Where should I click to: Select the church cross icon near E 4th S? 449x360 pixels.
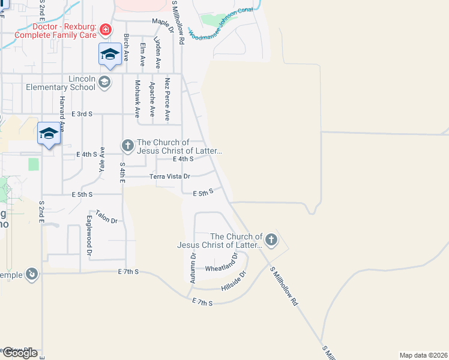click(127, 145)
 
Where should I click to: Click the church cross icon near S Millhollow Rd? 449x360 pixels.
click(271, 240)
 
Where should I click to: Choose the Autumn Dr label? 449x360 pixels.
click(193, 268)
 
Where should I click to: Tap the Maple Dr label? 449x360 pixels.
click(162, 22)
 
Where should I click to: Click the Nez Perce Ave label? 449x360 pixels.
click(167, 99)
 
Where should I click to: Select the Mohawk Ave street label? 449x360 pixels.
click(137, 99)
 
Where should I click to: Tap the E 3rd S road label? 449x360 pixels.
click(82, 113)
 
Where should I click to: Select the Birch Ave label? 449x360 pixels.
click(126, 48)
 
